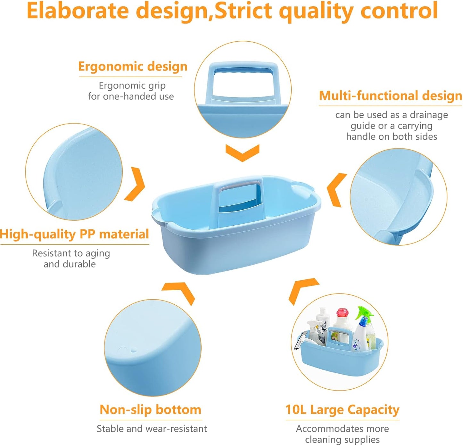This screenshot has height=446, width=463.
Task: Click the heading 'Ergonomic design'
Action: point(133,67)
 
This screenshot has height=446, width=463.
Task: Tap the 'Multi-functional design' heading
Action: point(390,96)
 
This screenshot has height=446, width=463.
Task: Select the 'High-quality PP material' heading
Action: point(74,234)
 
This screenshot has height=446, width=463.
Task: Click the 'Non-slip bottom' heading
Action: point(150,409)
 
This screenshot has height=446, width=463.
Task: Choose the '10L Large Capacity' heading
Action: point(342,409)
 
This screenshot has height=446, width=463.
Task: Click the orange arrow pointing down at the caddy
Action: point(242,153)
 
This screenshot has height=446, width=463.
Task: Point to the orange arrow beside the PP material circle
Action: point(136,185)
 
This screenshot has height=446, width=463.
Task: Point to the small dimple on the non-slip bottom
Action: point(134,350)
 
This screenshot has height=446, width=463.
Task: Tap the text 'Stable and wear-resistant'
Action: point(152,429)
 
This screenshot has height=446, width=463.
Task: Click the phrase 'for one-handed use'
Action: point(131,96)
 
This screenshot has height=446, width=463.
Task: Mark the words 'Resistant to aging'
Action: point(71,253)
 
